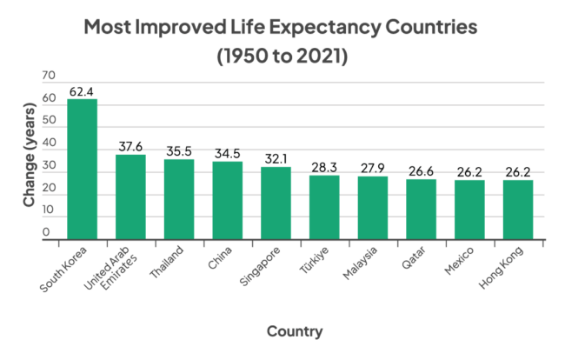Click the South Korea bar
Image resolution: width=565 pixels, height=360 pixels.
point(83,169)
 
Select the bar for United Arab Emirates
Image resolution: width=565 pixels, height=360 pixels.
point(131,197)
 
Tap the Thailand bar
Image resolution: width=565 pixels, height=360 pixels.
point(179,199)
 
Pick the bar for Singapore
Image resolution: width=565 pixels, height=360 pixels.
point(276,203)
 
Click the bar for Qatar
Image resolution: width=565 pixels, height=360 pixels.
point(421,209)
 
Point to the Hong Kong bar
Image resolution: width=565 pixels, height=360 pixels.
point(518,210)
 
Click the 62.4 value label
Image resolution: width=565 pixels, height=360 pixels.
point(83,90)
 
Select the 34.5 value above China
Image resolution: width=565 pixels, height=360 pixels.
point(228,153)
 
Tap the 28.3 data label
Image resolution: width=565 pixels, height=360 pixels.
point(324,167)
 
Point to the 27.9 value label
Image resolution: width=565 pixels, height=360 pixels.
point(373,168)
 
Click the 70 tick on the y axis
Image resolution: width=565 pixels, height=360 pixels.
point(47,77)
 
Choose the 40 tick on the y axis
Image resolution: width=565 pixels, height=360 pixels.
point(47,143)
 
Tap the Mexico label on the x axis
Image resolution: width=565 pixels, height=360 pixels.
point(460,262)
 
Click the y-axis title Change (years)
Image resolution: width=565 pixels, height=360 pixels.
point(29,156)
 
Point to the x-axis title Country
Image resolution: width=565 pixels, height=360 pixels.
point(295,331)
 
